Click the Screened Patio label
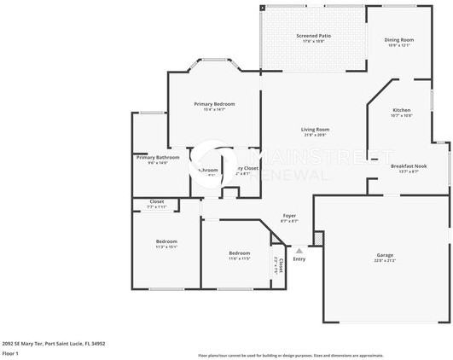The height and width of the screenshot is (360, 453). pyautogui.click(x=313, y=36)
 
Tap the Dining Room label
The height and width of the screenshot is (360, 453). pyautogui.click(x=399, y=39)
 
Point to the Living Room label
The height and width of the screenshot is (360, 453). pyautogui.click(x=315, y=130)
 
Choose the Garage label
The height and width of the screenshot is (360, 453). pyautogui.click(x=386, y=254)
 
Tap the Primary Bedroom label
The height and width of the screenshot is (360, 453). pyautogui.click(x=214, y=103)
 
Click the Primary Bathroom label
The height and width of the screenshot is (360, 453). pyautogui.click(x=158, y=157)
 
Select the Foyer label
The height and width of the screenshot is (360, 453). pyautogui.click(x=290, y=216)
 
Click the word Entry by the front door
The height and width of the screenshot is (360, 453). pyautogui.click(x=299, y=259)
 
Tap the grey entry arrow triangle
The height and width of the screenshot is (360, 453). pyautogui.click(x=299, y=251)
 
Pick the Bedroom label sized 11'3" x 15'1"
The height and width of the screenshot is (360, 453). pyautogui.click(x=166, y=241)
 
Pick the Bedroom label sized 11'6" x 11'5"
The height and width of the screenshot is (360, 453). pyautogui.click(x=239, y=253)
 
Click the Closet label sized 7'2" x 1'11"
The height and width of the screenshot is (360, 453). pyautogui.click(x=155, y=202)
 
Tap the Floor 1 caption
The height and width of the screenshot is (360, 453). pyautogui.click(x=10, y=353)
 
